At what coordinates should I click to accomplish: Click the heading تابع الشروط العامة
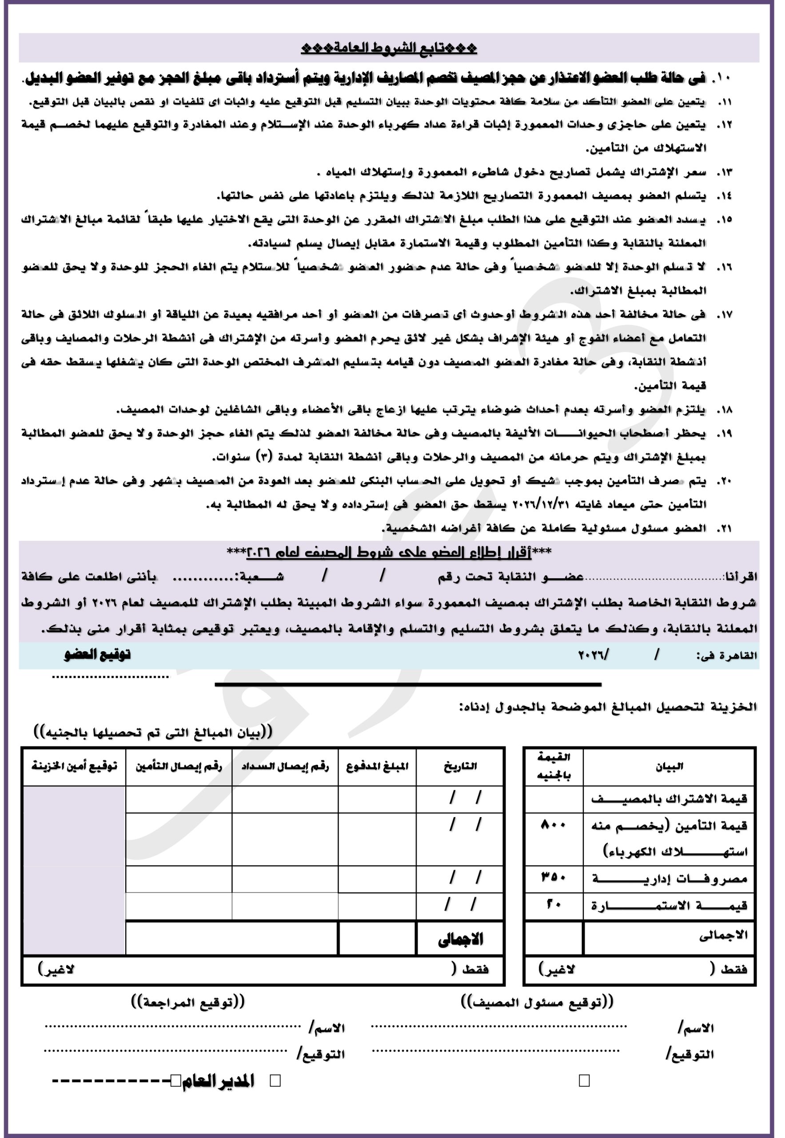point(389,48)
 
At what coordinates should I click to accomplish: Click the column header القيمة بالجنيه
point(554,766)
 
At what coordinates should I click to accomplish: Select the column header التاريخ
point(460,766)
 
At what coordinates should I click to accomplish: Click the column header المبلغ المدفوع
point(377,766)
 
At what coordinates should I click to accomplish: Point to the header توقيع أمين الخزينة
point(74,766)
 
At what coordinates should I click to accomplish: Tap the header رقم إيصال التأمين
point(179,766)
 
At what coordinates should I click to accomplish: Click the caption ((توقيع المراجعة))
point(187,1002)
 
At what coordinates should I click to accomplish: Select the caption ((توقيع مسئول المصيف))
point(538,1002)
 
